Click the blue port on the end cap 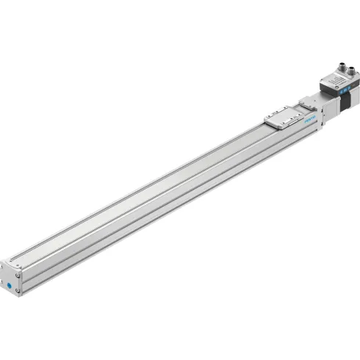pyautogui.click(x=10, y=281)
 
